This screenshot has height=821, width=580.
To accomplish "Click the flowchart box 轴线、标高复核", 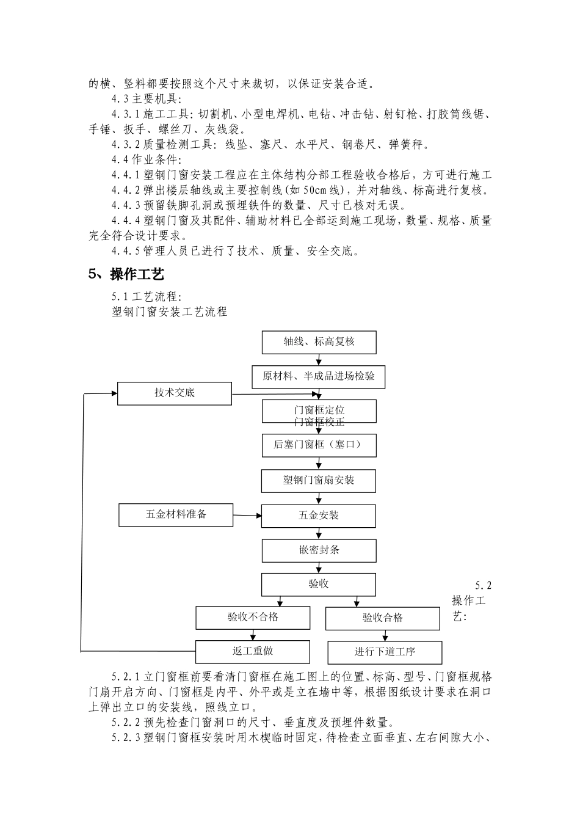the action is (x=319, y=342).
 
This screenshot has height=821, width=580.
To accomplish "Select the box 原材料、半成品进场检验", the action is (x=319, y=376).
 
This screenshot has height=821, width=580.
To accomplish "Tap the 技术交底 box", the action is (x=175, y=393).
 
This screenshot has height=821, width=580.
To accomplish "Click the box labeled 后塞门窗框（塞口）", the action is (x=319, y=445).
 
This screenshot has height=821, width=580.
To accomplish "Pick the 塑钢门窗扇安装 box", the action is (x=319, y=481).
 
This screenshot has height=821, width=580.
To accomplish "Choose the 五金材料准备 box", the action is (x=176, y=514).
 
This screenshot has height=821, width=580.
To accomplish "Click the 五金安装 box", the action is (x=319, y=516).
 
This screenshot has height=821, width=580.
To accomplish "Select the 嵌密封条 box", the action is (x=319, y=550).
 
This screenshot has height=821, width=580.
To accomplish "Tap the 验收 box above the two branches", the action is (x=319, y=584).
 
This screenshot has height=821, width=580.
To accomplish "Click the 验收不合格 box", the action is (x=253, y=618).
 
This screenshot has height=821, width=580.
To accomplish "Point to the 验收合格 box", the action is (x=383, y=618).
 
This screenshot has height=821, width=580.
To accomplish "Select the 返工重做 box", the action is (x=253, y=651).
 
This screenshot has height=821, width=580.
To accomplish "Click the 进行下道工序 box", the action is (x=385, y=652).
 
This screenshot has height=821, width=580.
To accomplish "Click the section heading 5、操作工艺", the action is (x=126, y=274).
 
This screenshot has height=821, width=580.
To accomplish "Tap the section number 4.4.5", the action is (x=126, y=250).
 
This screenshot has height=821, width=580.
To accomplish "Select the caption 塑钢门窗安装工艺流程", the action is (x=170, y=312).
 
